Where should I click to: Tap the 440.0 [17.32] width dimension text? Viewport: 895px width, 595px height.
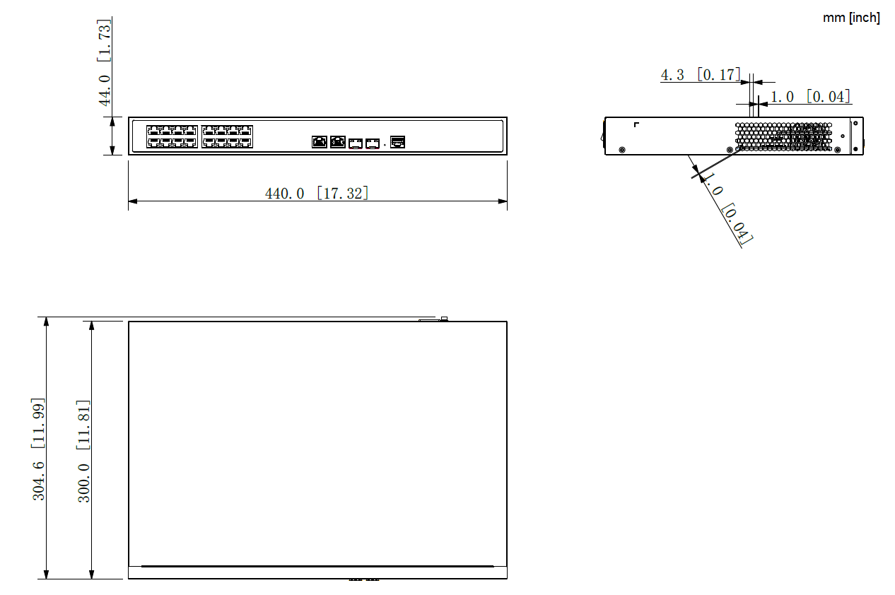(x=317, y=192)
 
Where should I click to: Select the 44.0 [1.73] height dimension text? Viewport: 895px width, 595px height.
(x=105, y=62)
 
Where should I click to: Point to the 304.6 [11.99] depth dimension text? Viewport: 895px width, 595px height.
(x=39, y=449)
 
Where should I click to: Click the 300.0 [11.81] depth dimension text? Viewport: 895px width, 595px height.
(x=84, y=451)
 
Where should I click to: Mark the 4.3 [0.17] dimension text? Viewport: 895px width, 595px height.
(x=701, y=74)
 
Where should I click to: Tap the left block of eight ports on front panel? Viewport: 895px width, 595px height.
(x=172, y=136)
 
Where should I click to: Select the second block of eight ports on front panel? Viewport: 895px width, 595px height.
(x=227, y=136)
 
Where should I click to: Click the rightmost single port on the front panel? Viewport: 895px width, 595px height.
(x=398, y=142)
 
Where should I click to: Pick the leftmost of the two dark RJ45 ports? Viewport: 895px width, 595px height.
(x=320, y=142)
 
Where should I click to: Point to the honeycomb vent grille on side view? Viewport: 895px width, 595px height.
(x=783, y=136)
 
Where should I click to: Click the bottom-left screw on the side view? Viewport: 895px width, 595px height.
(x=621, y=149)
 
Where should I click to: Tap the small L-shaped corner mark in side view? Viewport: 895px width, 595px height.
(x=636, y=125)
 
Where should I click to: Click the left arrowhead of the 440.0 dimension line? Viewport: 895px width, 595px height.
(x=132, y=201)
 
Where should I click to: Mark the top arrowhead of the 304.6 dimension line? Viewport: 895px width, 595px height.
(x=47, y=322)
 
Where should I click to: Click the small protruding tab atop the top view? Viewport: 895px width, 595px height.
(x=443, y=319)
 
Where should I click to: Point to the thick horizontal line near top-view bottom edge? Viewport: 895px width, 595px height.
(x=317, y=566)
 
